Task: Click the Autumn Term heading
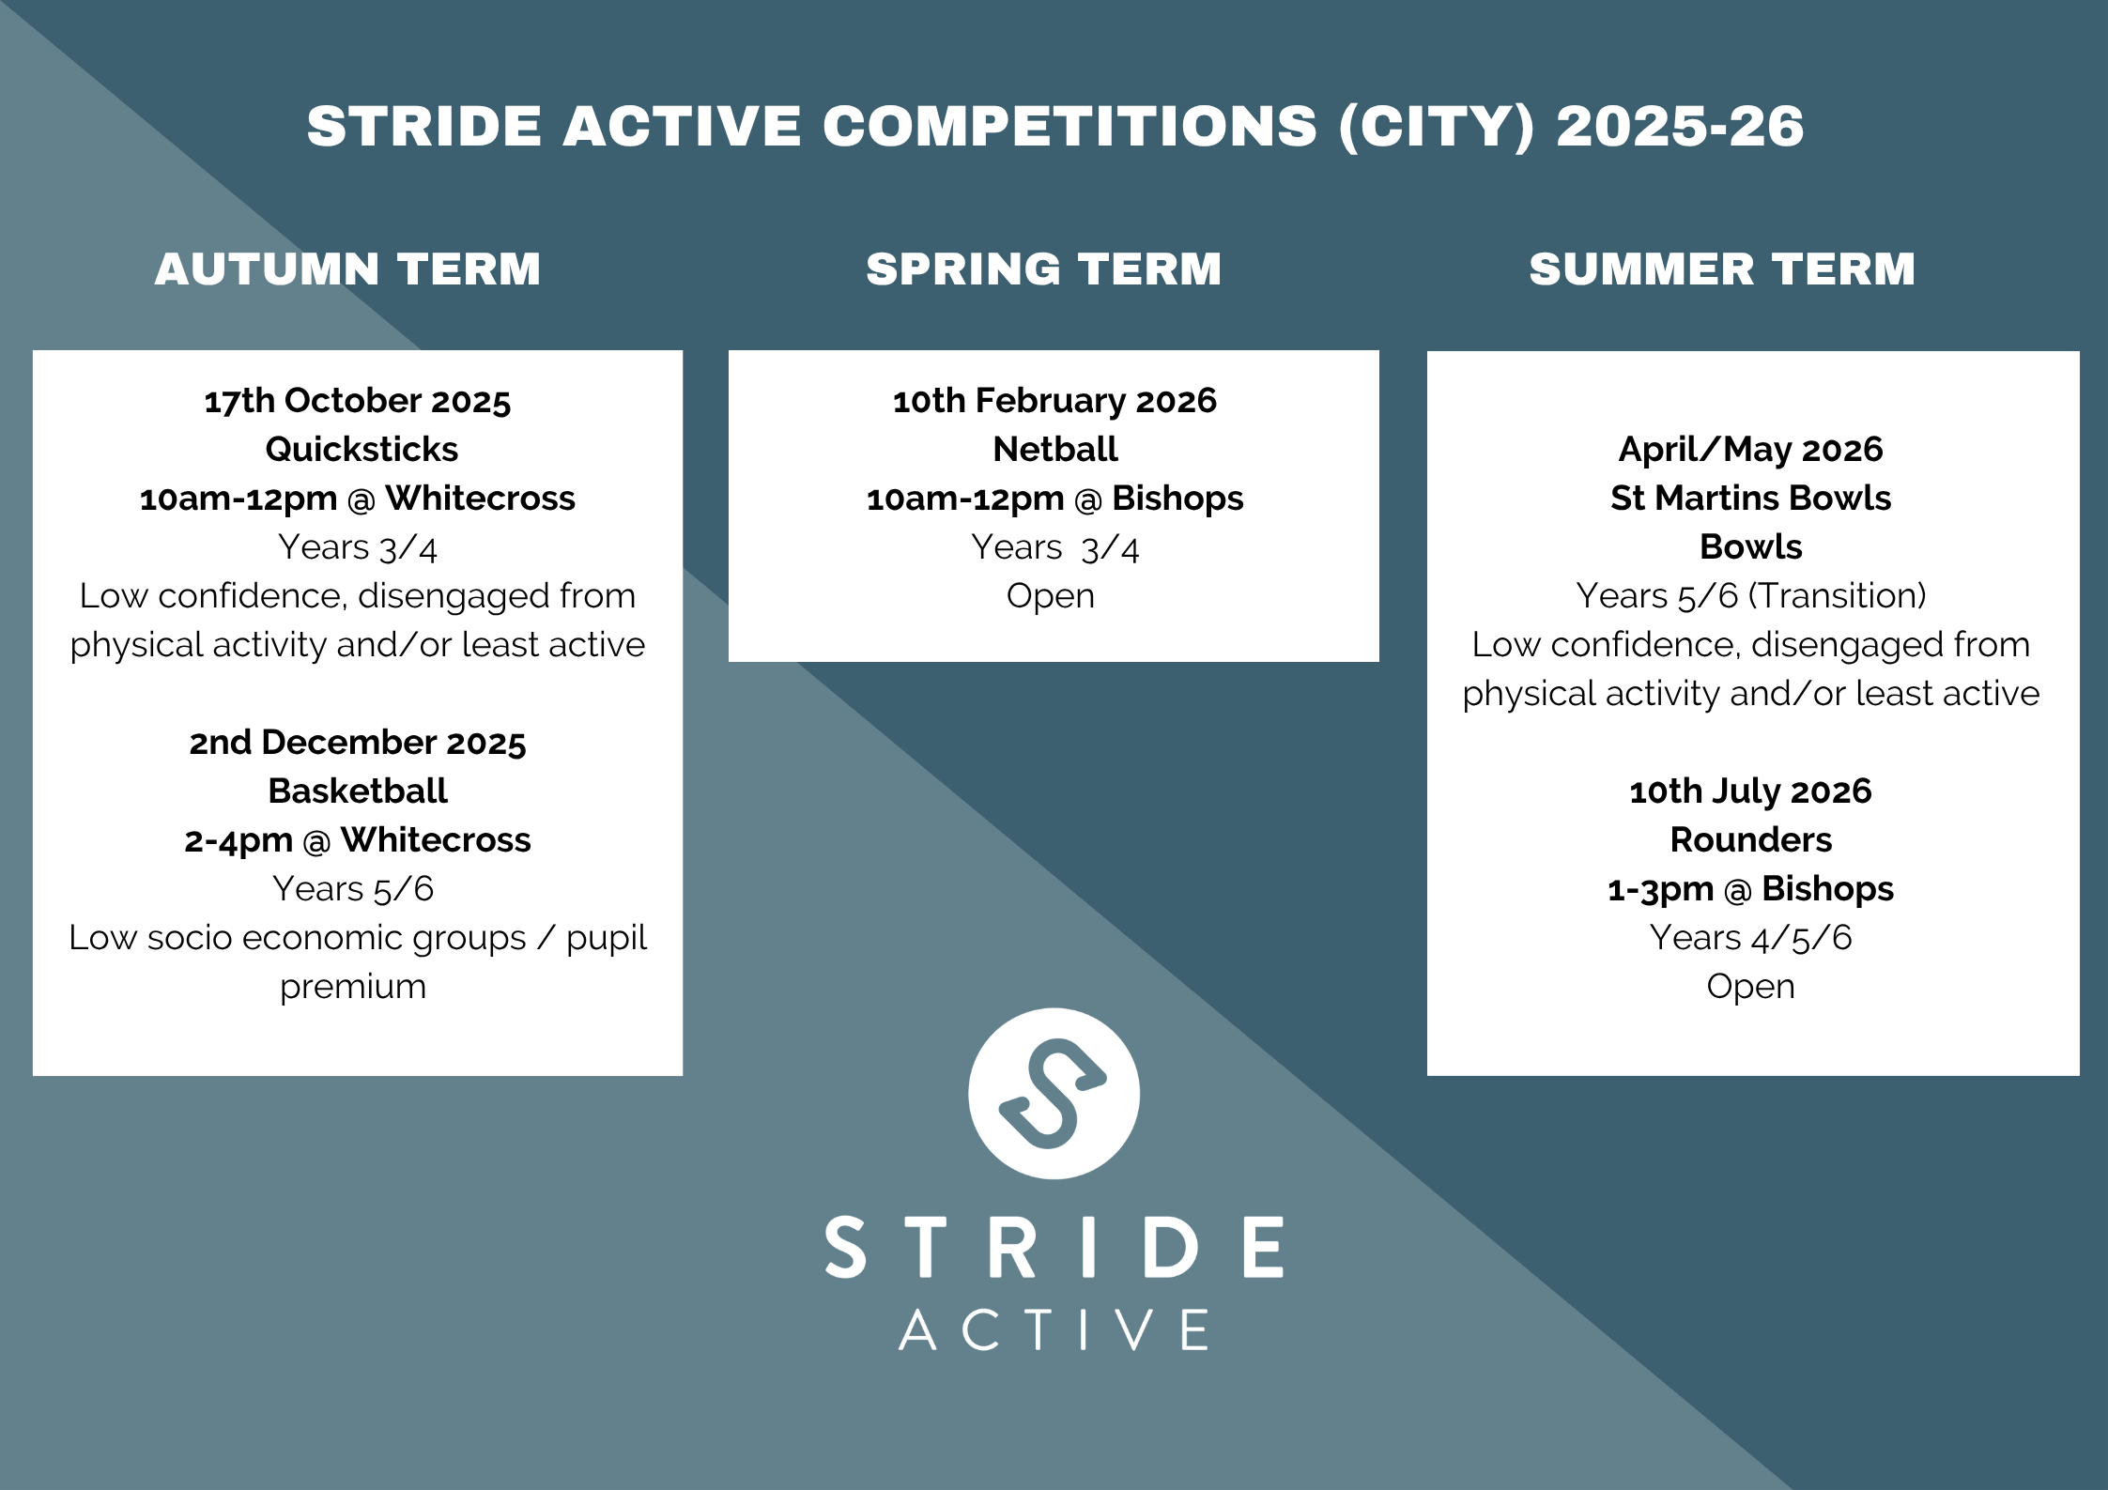(x=347, y=269)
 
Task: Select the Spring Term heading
(x=1044, y=269)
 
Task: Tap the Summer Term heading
(x=1722, y=269)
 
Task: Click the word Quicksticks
(x=362, y=450)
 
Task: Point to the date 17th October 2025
(x=358, y=401)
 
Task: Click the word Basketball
(x=358, y=791)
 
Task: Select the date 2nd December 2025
(x=358, y=743)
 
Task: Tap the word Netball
(x=1055, y=450)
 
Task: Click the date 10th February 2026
(x=1054, y=401)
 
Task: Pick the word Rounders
(x=1751, y=839)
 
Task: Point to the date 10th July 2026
(x=1751, y=791)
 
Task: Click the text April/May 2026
(x=1751, y=450)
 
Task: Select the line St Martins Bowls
(x=1751, y=498)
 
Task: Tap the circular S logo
(x=1054, y=1094)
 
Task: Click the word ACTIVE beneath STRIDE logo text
(x=1054, y=1329)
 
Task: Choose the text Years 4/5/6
(x=1751, y=937)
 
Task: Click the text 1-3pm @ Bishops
(x=1751, y=889)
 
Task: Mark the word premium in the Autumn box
(x=353, y=988)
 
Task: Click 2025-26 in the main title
(x=1680, y=127)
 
